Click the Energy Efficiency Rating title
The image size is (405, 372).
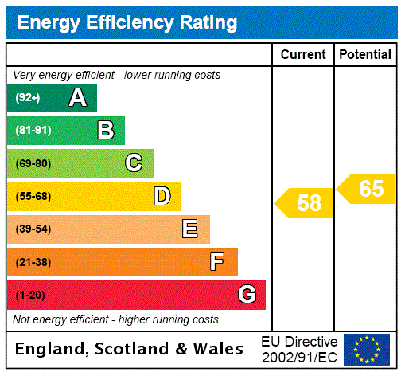point(127,23)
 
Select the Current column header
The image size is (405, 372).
point(303,55)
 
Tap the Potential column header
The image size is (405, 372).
point(365,55)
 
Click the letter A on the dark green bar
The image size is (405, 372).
point(77,98)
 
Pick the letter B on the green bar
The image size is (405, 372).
point(105,131)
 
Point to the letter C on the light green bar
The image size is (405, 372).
point(134,163)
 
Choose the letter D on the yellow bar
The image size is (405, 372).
point(162,196)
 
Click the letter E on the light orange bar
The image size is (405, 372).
point(190,229)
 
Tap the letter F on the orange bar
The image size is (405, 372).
point(216,262)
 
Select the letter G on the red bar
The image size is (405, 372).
point(247,295)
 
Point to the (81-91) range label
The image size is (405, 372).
point(33,131)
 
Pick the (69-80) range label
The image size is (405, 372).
point(33,163)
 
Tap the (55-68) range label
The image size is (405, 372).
point(33,196)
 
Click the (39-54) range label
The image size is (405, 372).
point(33,229)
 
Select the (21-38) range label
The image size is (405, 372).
point(33,262)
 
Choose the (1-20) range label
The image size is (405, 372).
point(30,295)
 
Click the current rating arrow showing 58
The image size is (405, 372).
point(305,203)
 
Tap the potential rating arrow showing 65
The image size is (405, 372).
point(367,189)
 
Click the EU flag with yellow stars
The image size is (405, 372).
point(367,349)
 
